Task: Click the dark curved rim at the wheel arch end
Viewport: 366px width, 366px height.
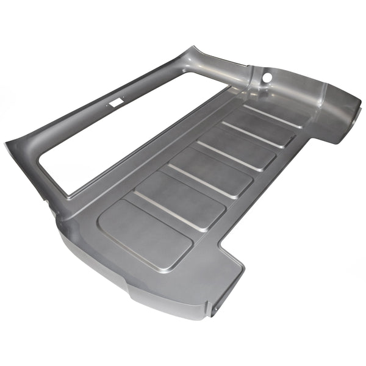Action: (x=354, y=119)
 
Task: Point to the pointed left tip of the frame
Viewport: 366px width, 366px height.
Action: (x=7, y=145)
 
